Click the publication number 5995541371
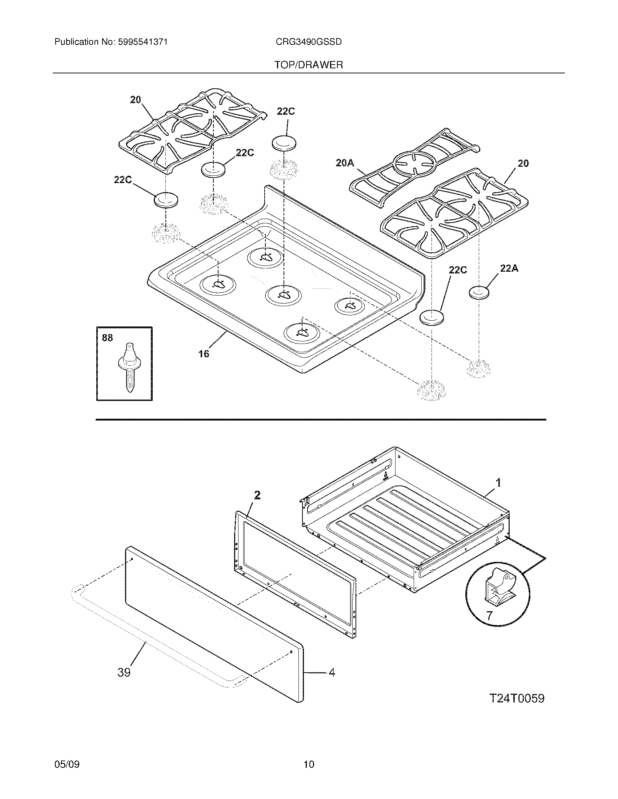coord(143,42)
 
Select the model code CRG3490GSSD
coord(309,42)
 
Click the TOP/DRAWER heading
coord(309,65)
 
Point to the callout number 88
coord(107,338)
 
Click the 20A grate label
coord(345,163)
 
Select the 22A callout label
coord(509,268)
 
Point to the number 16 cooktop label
coord(204,354)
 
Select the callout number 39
coord(124,672)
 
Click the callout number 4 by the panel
coord(331,672)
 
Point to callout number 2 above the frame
coord(257,495)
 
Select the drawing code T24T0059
coord(517,699)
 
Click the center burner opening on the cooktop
coord(284,295)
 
